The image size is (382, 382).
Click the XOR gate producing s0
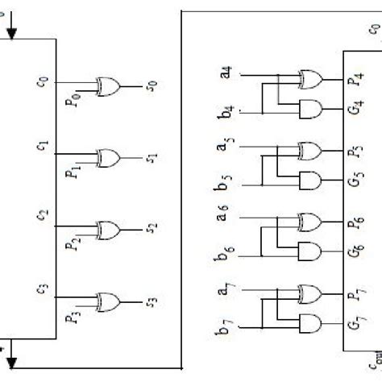click(x=108, y=83)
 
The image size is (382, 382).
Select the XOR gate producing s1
click(x=108, y=155)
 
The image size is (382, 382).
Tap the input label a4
click(x=226, y=74)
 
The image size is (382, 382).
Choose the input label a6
click(x=223, y=218)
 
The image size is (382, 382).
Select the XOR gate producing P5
click(x=309, y=151)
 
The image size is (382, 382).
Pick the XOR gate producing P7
click(x=309, y=293)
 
